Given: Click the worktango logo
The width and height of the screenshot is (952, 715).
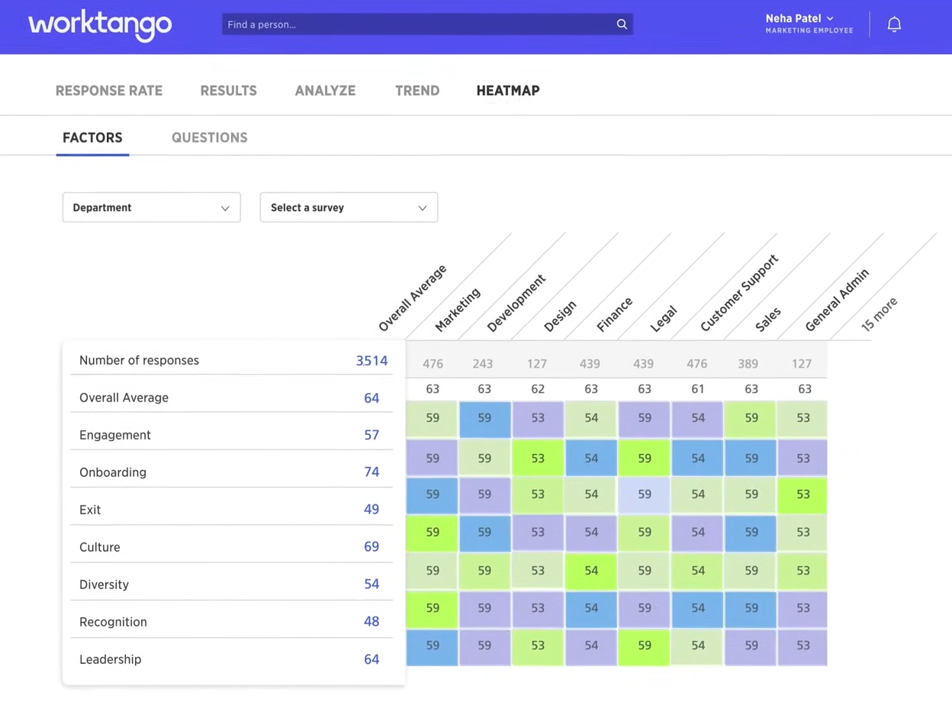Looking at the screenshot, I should [100, 25].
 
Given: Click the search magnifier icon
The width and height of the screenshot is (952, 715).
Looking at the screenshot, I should [622, 24].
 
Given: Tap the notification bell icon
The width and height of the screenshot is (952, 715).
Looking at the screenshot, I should [894, 24].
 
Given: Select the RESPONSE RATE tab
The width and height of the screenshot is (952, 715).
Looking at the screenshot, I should [109, 91].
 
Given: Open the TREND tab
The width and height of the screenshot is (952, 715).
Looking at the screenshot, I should [417, 91].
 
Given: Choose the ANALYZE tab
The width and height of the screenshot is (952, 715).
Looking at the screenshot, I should [325, 91].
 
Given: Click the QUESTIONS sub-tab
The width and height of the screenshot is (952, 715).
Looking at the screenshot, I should [210, 138].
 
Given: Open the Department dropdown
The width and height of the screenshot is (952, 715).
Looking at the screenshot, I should [151, 208].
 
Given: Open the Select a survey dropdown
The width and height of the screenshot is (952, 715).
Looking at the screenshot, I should [349, 208].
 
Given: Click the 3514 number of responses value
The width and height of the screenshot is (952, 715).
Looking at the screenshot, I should [371, 361].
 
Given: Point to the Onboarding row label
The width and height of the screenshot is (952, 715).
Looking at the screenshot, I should [113, 472].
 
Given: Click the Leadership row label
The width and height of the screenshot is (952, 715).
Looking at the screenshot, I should [111, 659].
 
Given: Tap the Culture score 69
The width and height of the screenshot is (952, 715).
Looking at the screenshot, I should [371, 547].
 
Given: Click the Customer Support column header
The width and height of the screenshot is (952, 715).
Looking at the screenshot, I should [738, 294].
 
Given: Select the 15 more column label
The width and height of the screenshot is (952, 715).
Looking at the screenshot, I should [879, 314].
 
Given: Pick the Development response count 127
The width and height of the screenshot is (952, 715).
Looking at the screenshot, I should [538, 364].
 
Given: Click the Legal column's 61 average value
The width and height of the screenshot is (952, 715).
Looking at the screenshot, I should [697, 389].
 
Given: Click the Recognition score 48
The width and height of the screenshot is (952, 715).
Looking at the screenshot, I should [371, 622].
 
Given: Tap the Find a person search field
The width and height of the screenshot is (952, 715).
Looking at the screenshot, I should [420, 24].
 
